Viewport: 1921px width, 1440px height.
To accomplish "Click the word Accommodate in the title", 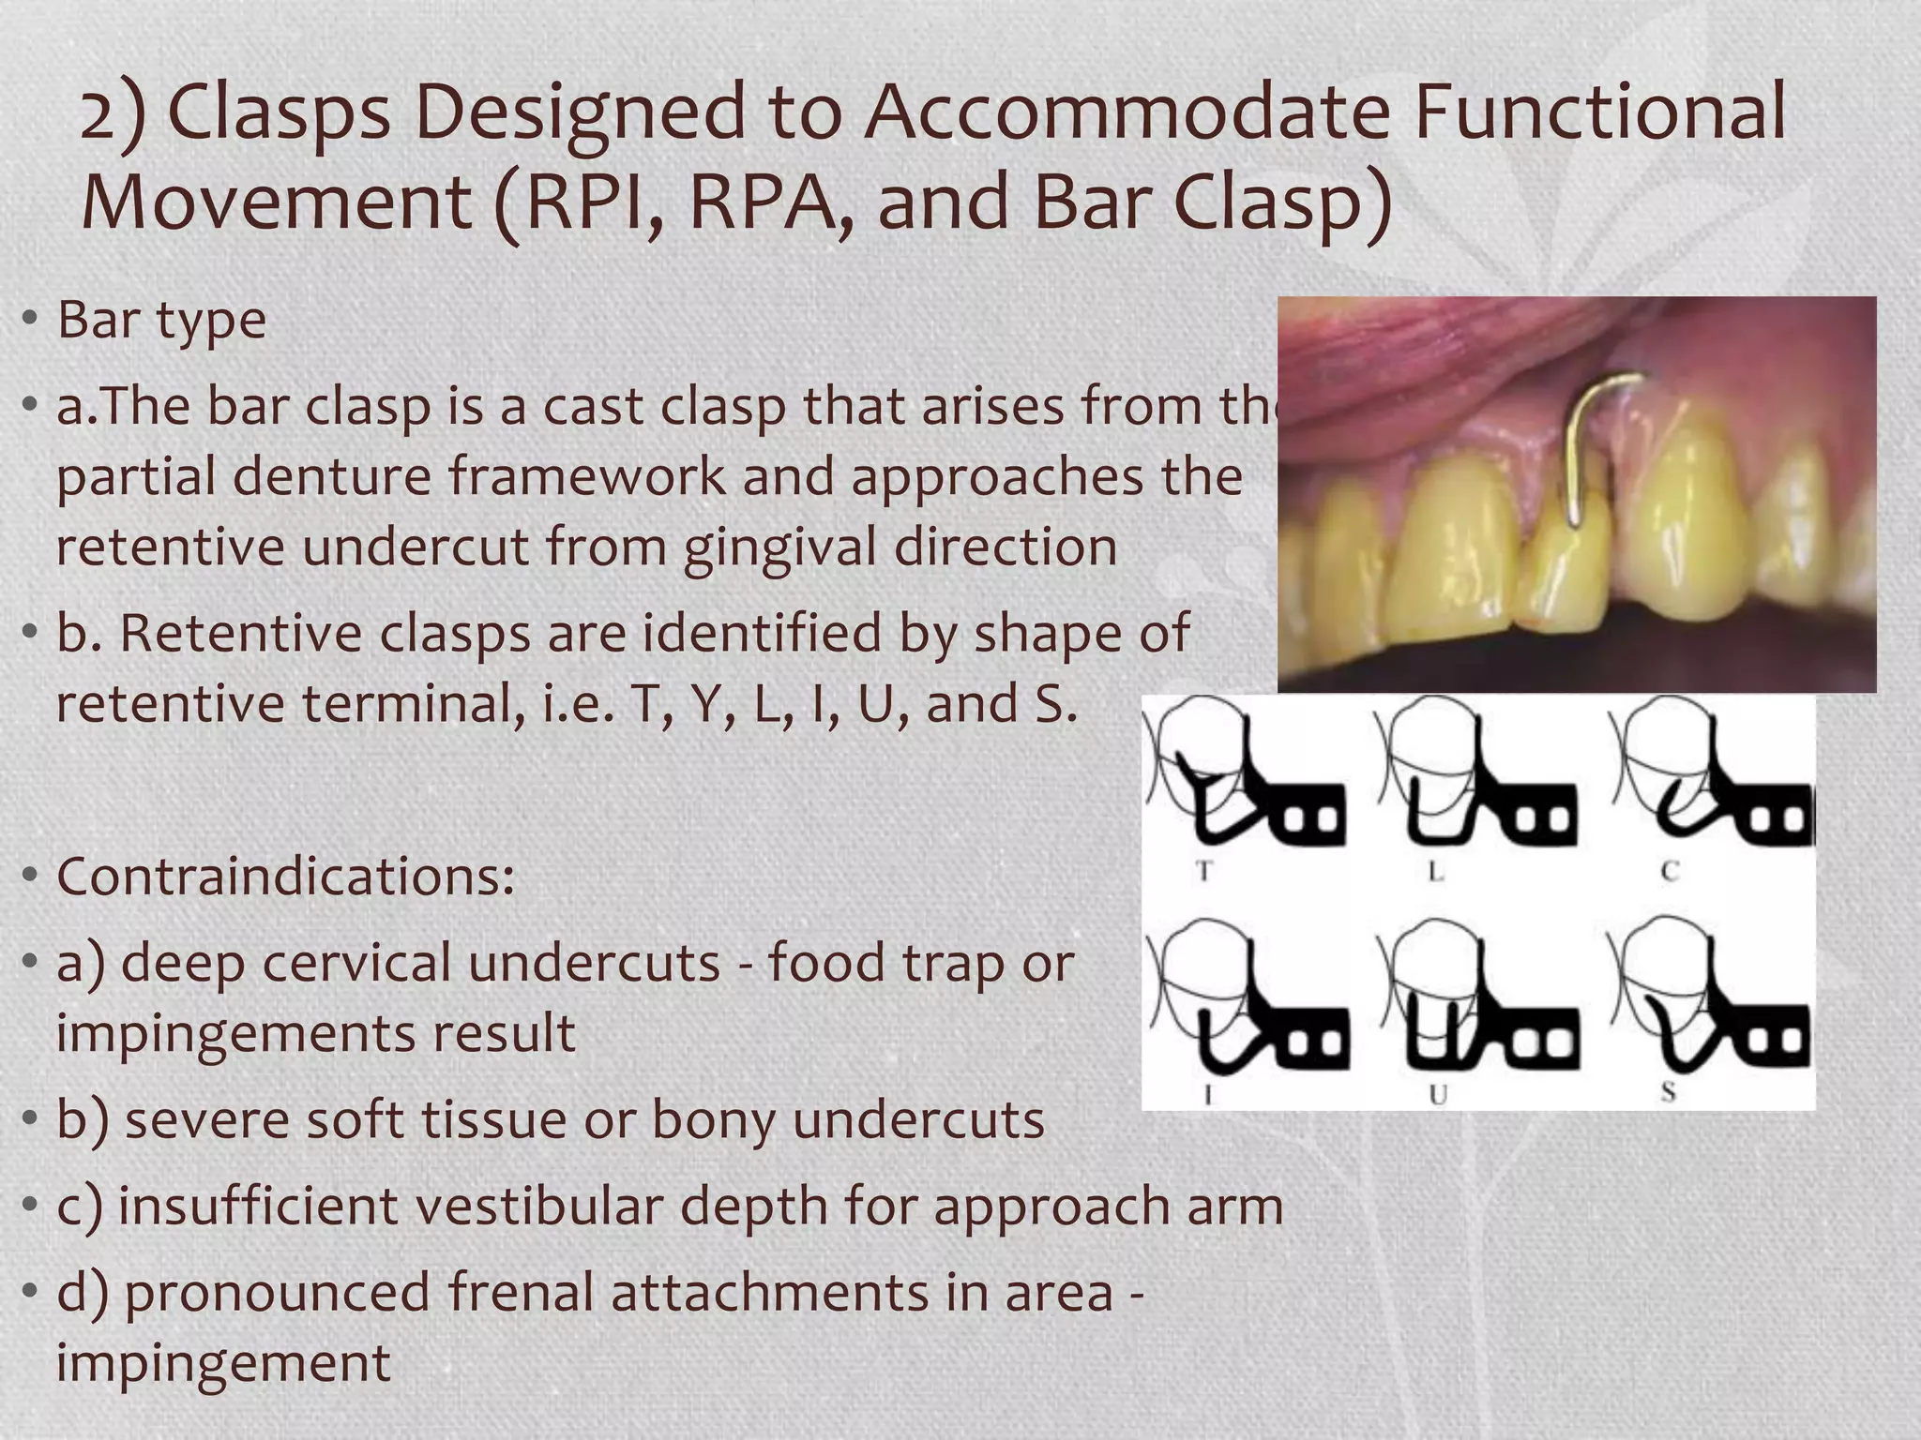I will [1126, 112].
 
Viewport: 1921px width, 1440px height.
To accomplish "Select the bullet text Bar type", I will [161, 320].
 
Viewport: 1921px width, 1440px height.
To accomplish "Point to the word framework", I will [585, 476].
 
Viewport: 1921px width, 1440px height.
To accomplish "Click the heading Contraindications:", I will [285, 877].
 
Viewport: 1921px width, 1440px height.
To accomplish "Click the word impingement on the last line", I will [223, 1362].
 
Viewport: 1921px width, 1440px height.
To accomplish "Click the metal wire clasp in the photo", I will [1583, 441].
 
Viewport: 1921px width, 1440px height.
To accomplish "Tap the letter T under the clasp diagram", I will [1203, 872].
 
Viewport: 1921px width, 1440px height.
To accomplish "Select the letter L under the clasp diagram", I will [1435, 872].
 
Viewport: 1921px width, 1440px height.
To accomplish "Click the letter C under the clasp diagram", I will [1669, 872].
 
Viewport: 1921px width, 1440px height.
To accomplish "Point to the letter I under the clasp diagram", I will [1207, 1093].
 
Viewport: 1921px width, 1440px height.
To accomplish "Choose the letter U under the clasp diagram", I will [1438, 1093].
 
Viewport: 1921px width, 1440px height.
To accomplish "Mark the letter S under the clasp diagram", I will [1668, 1091].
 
